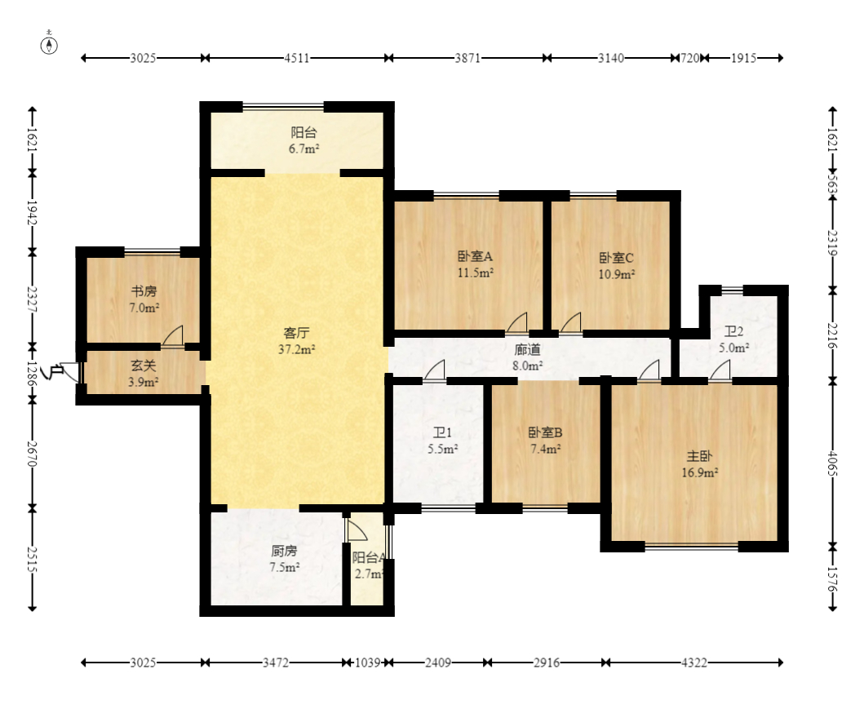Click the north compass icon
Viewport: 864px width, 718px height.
[49, 45]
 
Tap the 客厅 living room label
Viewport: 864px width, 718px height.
[296, 333]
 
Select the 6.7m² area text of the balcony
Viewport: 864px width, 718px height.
[304, 148]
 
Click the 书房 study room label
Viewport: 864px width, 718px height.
[144, 291]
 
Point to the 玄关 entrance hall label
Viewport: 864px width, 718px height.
[144, 366]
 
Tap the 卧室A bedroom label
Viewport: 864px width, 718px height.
[475, 256]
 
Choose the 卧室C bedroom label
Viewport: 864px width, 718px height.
[616, 258]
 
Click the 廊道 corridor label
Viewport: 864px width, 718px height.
[527, 349]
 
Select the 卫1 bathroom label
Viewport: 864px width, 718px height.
[442, 432]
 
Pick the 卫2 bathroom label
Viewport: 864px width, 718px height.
[733, 331]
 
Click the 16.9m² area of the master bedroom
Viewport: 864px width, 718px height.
[700, 472]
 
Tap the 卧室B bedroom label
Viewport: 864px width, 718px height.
[546, 432]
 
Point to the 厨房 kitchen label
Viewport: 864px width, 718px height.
[284, 551]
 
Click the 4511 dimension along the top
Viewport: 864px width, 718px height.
[297, 58]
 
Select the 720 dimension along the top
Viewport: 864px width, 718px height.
[690, 58]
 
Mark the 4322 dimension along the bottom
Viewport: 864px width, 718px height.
[694, 663]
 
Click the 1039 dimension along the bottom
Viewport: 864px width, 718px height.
[367, 663]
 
